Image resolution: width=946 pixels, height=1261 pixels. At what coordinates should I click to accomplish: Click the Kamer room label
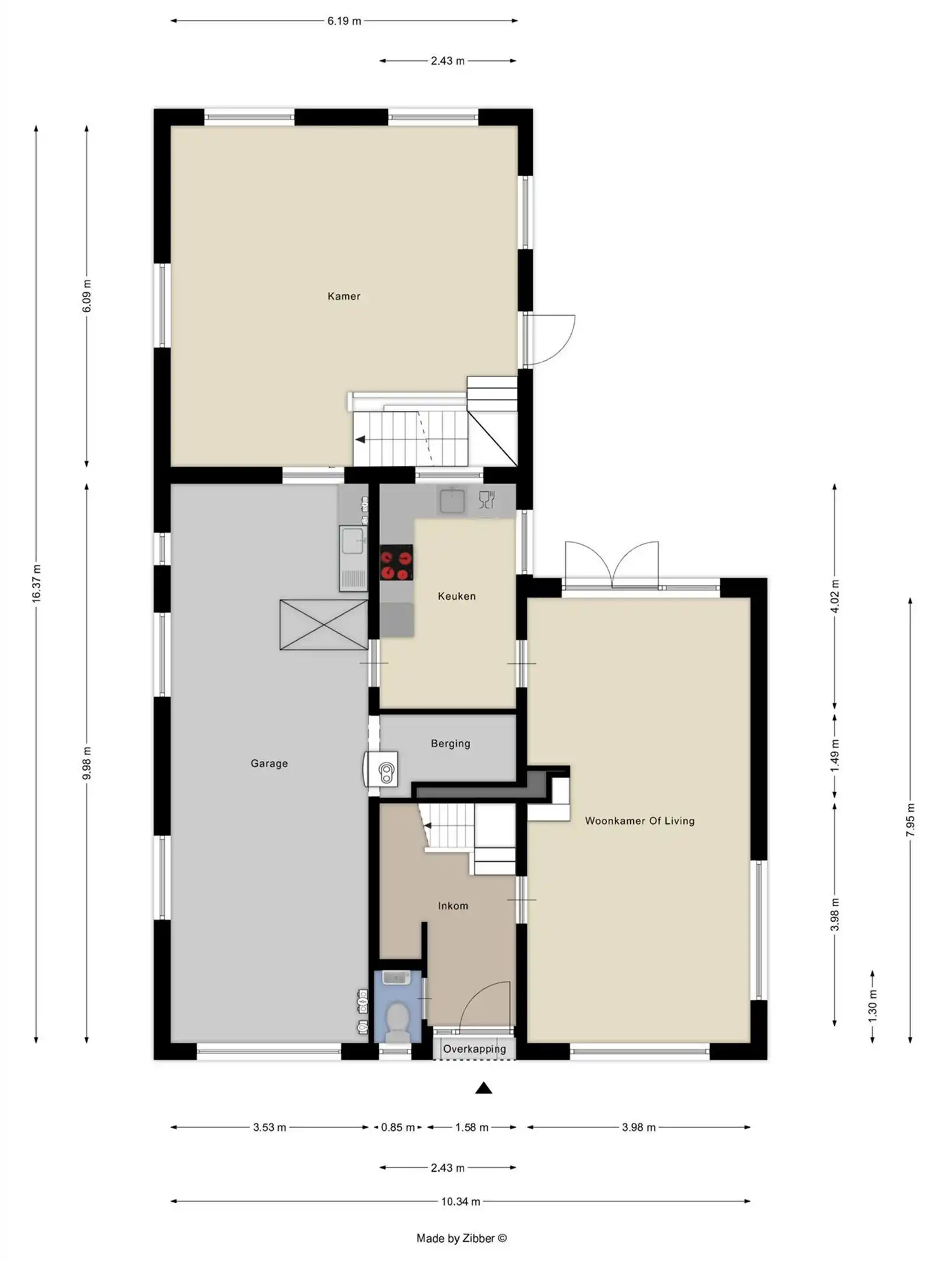click(x=344, y=296)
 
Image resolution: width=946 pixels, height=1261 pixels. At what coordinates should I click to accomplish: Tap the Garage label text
click(x=269, y=763)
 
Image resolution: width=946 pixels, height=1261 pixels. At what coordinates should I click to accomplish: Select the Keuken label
click(x=456, y=596)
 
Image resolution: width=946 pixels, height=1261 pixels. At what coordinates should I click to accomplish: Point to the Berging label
click(x=451, y=744)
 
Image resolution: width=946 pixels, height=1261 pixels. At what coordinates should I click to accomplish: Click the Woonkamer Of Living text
click(x=640, y=821)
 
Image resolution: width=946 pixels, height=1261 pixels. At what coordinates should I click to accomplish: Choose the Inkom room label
click(x=453, y=906)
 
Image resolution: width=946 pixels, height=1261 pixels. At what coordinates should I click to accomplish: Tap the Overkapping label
click(x=474, y=1049)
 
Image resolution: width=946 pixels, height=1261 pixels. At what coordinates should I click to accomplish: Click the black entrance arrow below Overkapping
click(x=484, y=1088)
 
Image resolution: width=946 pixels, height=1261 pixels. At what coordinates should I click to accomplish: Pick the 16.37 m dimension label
click(x=37, y=584)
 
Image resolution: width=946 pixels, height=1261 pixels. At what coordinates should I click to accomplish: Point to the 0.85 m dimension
click(x=397, y=1127)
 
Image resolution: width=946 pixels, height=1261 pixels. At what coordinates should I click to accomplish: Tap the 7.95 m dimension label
click(x=911, y=819)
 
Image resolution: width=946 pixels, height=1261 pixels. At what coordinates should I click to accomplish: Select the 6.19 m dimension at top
click(x=344, y=21)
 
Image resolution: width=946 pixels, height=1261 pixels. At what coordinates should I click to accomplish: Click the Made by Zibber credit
click(x=461, y=1238)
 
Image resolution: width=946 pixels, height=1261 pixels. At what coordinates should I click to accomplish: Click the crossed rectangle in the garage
click(x=323, y=625)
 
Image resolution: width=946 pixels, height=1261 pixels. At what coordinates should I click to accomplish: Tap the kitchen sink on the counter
click(x=452, y=501)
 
